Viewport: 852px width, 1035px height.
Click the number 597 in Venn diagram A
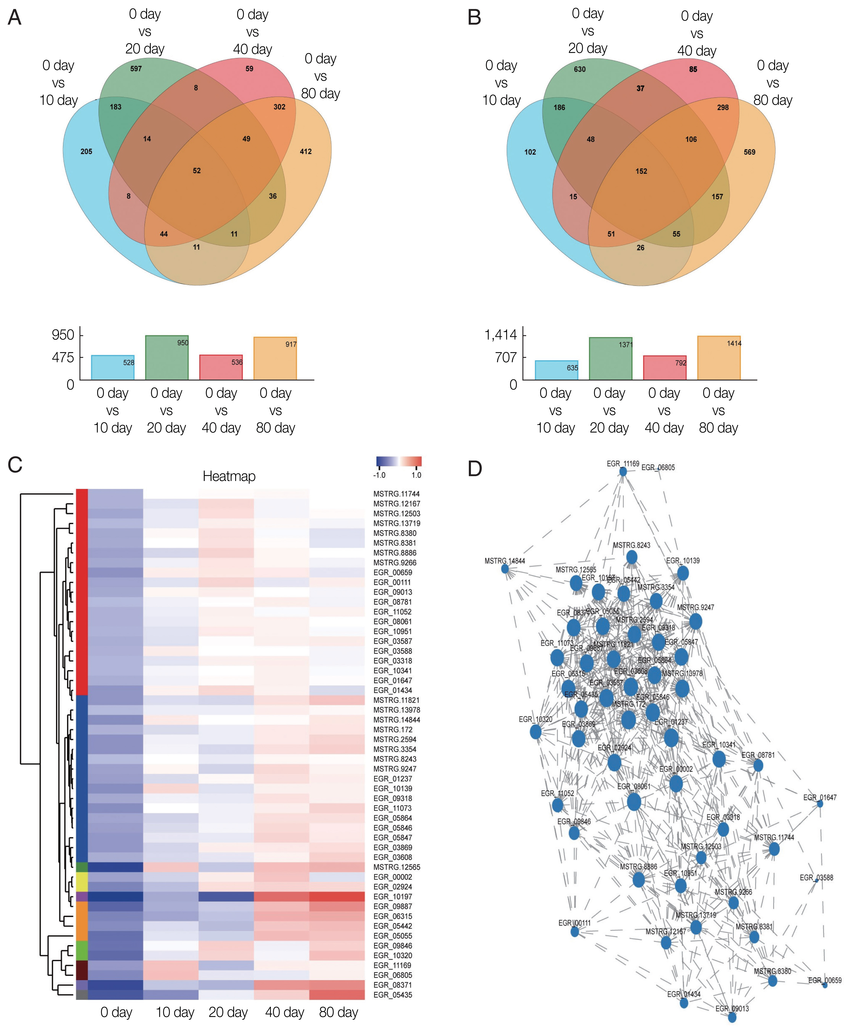(x=136, y=69)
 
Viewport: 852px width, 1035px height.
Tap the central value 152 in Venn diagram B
(x=641, y=171)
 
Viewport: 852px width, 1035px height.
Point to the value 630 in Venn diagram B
(x=580, y=69)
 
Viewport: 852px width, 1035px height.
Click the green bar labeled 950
(x=167, y=357)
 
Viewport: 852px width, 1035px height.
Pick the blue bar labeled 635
(x=557, y=370)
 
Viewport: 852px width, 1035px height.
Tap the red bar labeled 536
(x=221, y=367)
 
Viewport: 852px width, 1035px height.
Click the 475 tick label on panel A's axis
(x=63, y=357)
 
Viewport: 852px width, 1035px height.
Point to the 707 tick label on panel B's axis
(x=506, y=357)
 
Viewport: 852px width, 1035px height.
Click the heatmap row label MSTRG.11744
(x=396, y=494)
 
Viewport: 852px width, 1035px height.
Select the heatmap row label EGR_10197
(x=393, y=897)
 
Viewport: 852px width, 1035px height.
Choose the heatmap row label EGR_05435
(x=393, y=995)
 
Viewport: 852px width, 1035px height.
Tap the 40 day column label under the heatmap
(x=285, y=1013)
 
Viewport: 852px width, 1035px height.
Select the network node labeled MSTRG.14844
(x=505, y=569)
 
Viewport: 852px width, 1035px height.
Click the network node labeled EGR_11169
(x=623, y=471)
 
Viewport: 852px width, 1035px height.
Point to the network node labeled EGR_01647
(x=820, y=804)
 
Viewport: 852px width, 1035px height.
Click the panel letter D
(x=475, y=469)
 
